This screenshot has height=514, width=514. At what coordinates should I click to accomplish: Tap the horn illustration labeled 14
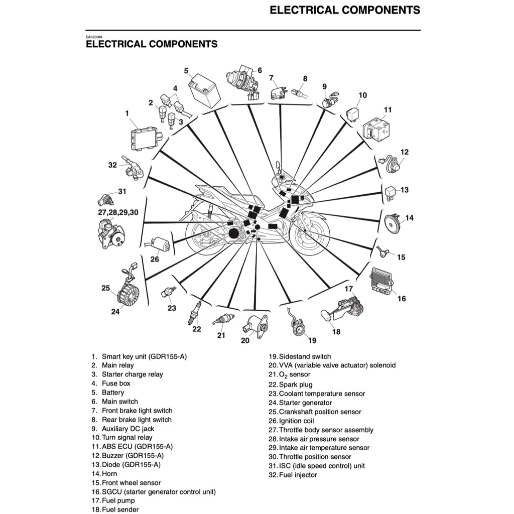(391, 221)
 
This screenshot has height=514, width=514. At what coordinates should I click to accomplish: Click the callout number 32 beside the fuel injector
(112, 164)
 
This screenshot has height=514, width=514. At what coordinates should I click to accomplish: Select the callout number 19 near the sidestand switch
(312, 340)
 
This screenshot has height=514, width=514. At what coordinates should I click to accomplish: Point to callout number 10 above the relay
(362, 95)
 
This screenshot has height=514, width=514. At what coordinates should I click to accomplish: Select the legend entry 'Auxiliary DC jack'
(127, 429)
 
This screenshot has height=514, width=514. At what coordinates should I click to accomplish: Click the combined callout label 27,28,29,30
(118, 212)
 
